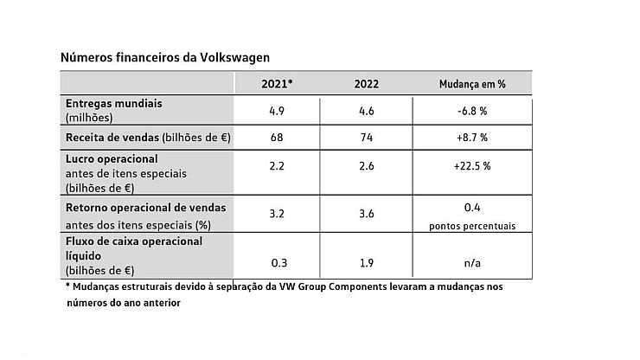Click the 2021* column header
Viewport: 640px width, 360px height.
(277, 84)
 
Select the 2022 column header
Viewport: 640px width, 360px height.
(367, 84)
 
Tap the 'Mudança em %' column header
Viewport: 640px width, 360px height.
(471, 84)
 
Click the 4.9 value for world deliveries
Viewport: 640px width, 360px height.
(277, 110)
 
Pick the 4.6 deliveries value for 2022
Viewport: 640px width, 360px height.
(367, 110)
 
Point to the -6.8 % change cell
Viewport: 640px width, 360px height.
(471, 110)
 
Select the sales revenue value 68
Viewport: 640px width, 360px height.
(277, 138)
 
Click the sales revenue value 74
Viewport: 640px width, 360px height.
(367, 138)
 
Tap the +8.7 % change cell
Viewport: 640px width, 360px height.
(471, 138)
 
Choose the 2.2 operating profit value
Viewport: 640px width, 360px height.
(277, 166)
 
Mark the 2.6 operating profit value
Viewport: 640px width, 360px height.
(367, 166)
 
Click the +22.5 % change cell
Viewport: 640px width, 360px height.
(471, 166)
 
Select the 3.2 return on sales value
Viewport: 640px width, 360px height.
(277, 214)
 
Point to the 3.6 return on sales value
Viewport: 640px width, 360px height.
(367, 214)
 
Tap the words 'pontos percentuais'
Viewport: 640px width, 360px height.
(471, 226)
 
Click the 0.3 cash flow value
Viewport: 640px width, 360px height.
(277, 262)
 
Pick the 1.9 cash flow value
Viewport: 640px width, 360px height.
(367, 262)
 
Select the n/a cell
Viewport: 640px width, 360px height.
(471, 262)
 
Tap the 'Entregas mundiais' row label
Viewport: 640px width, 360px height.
(114, 103)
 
